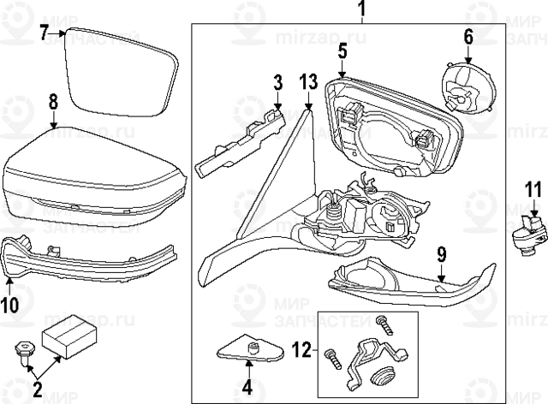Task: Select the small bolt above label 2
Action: click(x=23, y=351)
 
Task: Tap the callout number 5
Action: click(x=342, y=51)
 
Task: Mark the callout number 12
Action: click(x=299, y=351)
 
